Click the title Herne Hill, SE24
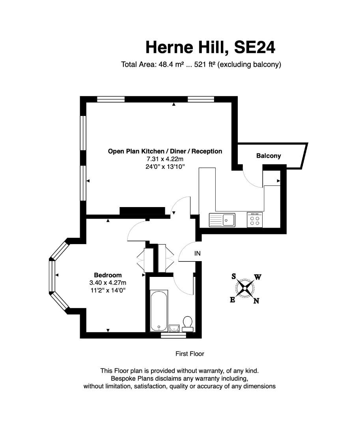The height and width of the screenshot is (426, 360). pyautogui.click(x=211, y=47)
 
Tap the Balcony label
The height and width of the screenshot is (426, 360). pyautogui.click(x=269, y=156)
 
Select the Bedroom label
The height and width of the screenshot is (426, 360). pyautogui.click(x=108, y=275)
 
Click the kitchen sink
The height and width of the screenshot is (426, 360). pyautogui.click(x=222, y=220)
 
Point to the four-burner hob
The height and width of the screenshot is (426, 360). pyautogui.click(x=255, y=220)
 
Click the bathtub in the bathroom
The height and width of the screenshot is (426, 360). pyautogui.click(x=159, y=311)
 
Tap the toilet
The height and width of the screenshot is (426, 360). pyautogui.click(x=188, y=324)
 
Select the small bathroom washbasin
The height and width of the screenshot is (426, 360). pyautogui.click(x=174, y=328)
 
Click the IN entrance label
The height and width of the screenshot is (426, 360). pyautogui.click(x=198, y=253)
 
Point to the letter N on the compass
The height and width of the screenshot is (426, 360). pyautogui.click(x=256, y=301)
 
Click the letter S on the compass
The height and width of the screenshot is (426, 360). pyautogui.click(x=233, y=277)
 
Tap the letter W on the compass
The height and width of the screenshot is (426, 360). pyautogui.click(x=257, y=277)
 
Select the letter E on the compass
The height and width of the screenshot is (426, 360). pyautogui.click(x=232, y=300)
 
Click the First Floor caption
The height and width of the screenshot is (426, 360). pyautogui.click(x=190, y=354)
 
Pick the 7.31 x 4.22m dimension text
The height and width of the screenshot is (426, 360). pyautogui.click(x=165, y=159)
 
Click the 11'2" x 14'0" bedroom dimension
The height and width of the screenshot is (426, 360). pyautogui.click(x=108, y=290)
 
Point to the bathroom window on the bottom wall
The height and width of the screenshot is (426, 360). pyautogui.click(x=173, y=336)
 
